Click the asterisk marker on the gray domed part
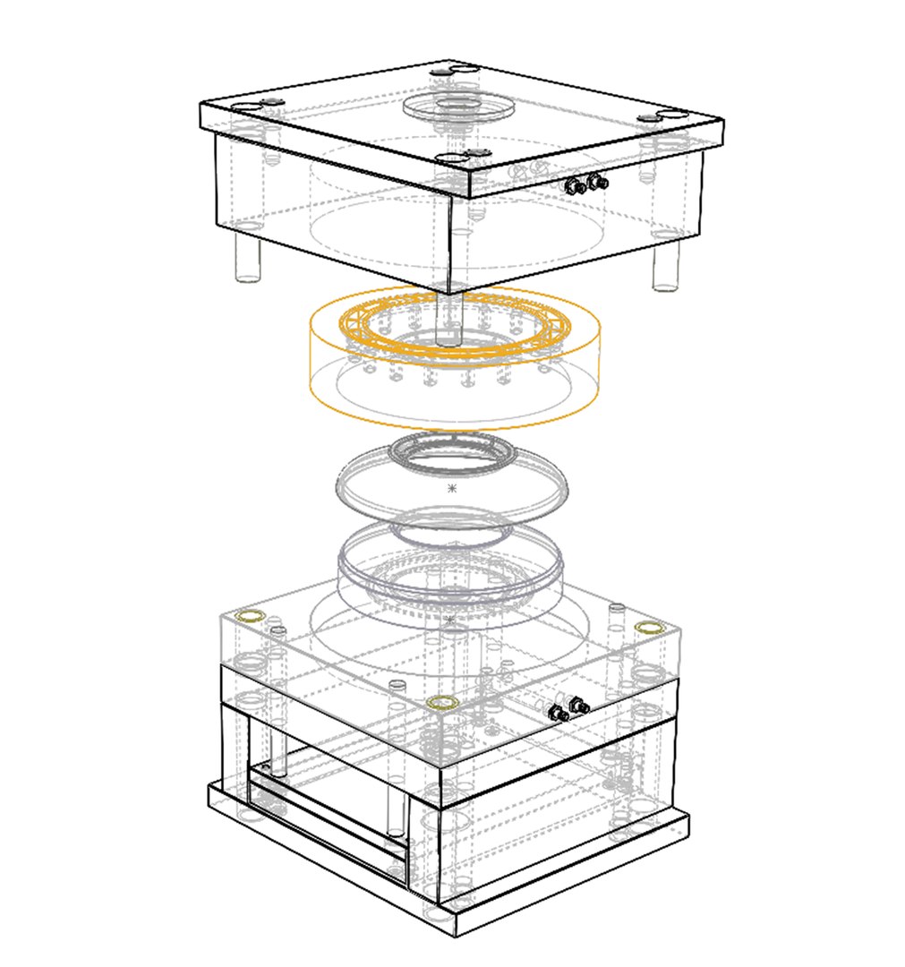tap(451, 489)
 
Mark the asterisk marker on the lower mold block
tap(450, 620)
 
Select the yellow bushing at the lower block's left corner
tap(250, 616)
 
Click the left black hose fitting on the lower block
tap(557, 714)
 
